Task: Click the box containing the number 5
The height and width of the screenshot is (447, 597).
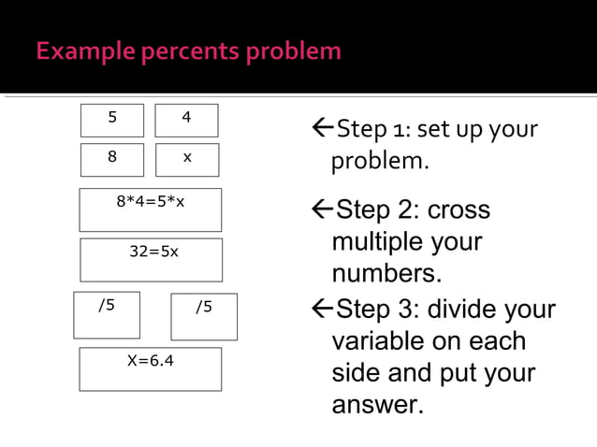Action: click(x=112, y=120)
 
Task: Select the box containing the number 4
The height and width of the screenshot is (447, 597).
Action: click(x=186, y=120)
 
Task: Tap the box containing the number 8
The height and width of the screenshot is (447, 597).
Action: click(x=112, y=159)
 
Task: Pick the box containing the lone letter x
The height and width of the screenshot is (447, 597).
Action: click(x=187, y=159)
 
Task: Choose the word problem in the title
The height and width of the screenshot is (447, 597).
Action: click(x=294, y=50)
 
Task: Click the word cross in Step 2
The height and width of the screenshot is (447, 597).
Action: click(x=459, y=209)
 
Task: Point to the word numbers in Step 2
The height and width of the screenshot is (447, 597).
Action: click(x=386, y=275)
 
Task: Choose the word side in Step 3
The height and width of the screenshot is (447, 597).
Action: click(x=356, y=373)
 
